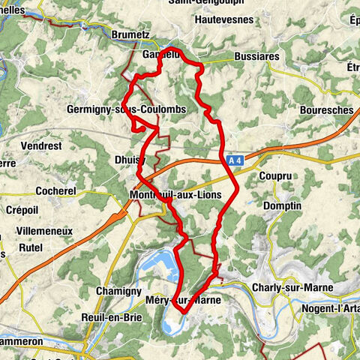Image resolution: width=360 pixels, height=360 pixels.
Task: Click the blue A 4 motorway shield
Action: point(235,160)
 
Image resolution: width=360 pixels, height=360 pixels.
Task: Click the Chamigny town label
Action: point(118,290)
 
